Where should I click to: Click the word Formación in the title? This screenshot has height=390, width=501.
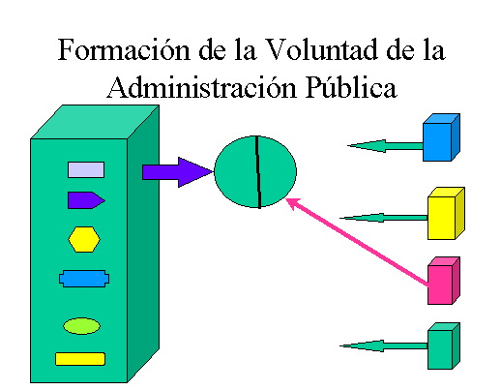pyautogui.click(x=124, y=49)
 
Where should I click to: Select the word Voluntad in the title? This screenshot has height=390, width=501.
pyautogui.click(x=323, y=49)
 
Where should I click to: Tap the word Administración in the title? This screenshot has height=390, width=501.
pyautogui.click(x=202, y=86)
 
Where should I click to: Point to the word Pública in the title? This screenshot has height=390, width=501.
pyautogui.click(x=351, y=86)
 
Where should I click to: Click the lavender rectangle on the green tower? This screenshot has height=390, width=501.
pyautogui.click(x=86, y=169)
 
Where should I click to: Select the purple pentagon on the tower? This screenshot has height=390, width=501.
pyautogui.click(x=86, y=200)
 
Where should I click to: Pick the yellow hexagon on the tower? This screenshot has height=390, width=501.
pyautogui.click(x=84, y=239)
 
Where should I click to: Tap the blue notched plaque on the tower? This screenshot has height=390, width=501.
pyautogui.click(x=84, y=279)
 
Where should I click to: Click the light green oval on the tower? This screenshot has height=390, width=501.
pyautogui.click(x=81, y=326)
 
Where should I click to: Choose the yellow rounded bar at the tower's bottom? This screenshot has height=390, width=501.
pyautogui.click(x=80, y=359)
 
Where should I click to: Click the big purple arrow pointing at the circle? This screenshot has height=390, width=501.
pyautogui.click(x=178, y=172)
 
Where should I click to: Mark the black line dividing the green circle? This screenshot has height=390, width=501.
pyautogui.click(x=258, y=172)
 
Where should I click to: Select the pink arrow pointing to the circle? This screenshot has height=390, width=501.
pyautogui.click(x=357, y=242)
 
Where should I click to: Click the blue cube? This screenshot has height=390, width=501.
pyautogui.click(x=441, y=137)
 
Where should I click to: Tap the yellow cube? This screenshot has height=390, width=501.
pyautogui.click(x=446, y=213)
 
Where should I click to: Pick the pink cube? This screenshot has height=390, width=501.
pyautogui.click(x=444, y=281)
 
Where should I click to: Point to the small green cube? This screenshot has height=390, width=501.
pyautogui.click(x=444, y=345)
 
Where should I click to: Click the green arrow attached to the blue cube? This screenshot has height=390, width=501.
pyautogui.click(x=385, y=146)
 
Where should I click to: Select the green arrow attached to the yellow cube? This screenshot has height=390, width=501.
pyautogui.click(x=384, y=218)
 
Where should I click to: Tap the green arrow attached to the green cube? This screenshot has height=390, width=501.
pyautogui.click(x=384, y=345)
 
